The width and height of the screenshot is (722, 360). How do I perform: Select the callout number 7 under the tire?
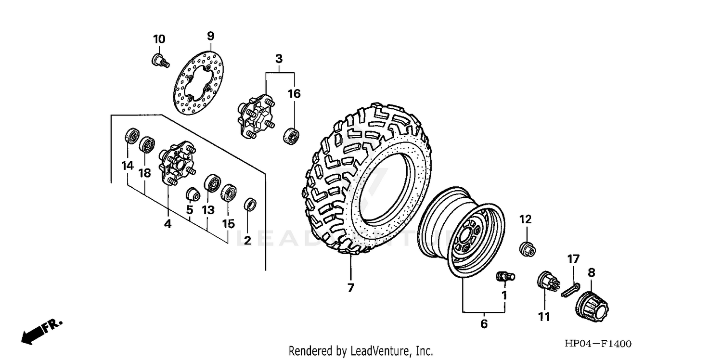coord(350,288)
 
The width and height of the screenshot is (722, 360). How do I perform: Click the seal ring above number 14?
coord(131,136)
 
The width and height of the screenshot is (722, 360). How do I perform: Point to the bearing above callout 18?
coord(147,144)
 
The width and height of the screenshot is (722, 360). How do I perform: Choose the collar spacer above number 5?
coord(193,194)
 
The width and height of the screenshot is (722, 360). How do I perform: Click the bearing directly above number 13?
coord(212,184)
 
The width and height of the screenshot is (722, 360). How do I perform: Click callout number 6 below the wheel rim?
coord(484,324)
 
